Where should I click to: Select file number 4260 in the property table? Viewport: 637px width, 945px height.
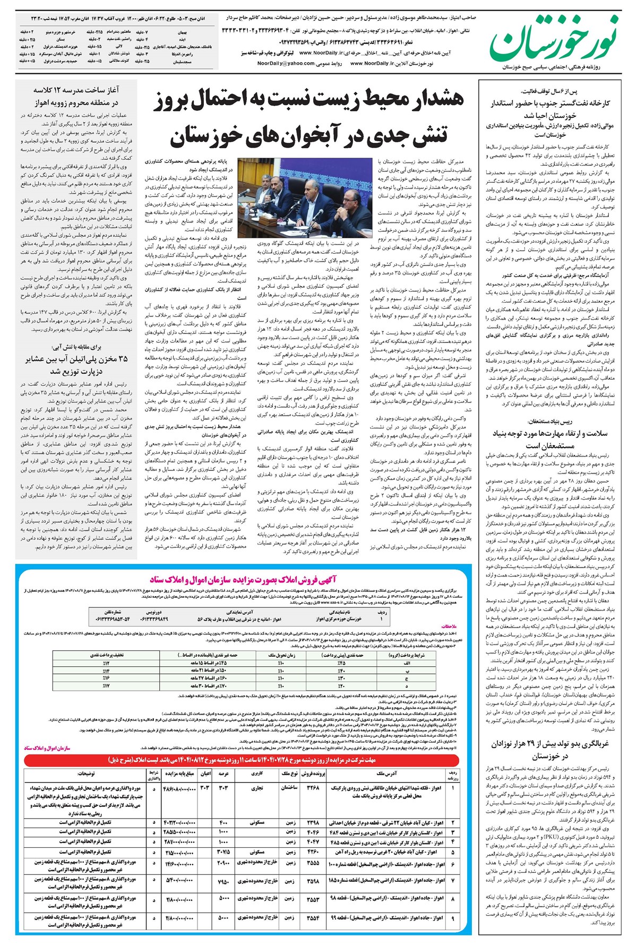(x=313, y=852)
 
